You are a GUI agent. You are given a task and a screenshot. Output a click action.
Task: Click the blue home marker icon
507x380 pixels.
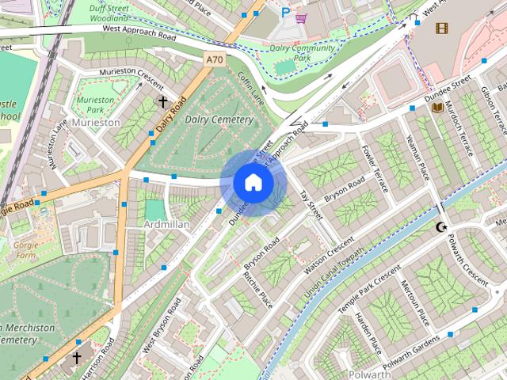pyautogui.click(x=253, y=183)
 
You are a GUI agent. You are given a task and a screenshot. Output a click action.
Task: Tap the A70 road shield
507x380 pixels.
pyautogui.click(x=214, y=59)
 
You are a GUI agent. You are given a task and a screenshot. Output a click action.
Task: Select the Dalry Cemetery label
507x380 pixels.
pyautogui.click(x=219, y=120)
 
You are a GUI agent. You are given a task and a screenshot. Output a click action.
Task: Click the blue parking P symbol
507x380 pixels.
pyautogui.click(x=285, y=12)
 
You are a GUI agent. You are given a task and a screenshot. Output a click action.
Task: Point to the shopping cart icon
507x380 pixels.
pyautogui.click(x=301, y=17)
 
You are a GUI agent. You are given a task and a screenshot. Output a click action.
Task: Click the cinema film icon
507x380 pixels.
pyautogui.click(x=441, y=28)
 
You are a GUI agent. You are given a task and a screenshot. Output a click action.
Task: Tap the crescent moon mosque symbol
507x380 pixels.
pyautogui.click(x=441, y=228)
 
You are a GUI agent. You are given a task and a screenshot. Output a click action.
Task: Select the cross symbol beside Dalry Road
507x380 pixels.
pyautogui.click(x=163, y=102)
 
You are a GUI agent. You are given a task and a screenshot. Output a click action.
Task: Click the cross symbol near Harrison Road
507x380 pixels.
pyautogui.click(x=77, y=358)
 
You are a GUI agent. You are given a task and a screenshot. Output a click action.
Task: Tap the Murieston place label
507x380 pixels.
pyautogui.click(x=95, y=123)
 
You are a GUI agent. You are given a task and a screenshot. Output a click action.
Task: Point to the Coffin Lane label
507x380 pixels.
pyautogui.click(x=251, y=88)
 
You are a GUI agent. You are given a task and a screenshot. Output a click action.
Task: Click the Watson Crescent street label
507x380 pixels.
pyautogui.click(x=328, y=255)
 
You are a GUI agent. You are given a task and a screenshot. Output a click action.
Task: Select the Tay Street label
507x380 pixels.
pyautogui.click(x=311, y=204)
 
